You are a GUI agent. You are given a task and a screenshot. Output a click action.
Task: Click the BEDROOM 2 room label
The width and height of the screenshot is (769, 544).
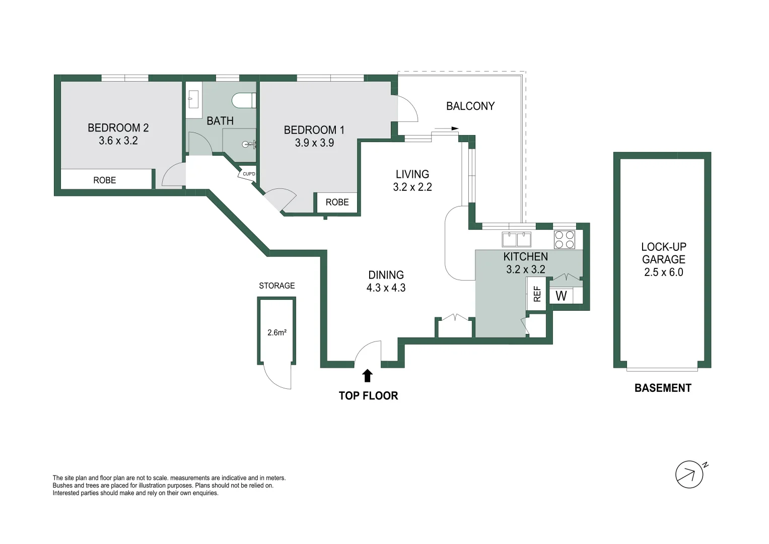click(118, 128)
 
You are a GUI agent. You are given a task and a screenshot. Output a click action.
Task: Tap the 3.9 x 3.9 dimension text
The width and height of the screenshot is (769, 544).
click(314, 143)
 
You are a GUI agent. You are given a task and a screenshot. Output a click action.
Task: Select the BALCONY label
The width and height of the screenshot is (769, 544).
click(470, 106)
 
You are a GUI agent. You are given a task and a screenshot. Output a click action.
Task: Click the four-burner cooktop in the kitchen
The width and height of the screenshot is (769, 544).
click(565, 239)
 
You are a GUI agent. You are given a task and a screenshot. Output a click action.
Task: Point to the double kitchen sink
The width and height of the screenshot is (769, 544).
click(517, 238)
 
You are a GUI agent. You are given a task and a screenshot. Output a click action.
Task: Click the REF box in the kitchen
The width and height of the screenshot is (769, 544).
click(537, 294)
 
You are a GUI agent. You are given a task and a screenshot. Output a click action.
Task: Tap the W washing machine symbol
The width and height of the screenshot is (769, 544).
click(561, 296)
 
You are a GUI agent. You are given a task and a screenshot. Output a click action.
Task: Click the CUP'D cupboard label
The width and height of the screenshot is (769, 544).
click(249, 174)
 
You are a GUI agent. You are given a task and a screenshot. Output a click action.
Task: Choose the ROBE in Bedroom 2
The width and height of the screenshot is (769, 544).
click(105, 180)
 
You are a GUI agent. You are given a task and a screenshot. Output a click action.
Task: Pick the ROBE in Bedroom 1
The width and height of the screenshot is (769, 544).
click(337, 202)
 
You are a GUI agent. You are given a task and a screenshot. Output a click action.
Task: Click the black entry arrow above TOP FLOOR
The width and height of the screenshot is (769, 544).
click(368, 375)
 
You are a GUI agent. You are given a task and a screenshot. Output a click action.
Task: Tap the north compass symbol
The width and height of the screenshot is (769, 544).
click(689, 474)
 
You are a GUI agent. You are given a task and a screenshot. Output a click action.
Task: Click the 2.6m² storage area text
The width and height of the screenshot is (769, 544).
click(277, 332)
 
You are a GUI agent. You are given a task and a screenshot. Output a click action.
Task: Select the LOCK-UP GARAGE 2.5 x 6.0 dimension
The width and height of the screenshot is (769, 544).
click(663, 273)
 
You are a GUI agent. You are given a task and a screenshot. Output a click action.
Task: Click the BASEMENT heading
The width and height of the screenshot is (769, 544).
click(663, 388)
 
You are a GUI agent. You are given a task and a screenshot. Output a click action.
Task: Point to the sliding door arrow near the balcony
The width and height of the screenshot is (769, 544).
click(446, 128)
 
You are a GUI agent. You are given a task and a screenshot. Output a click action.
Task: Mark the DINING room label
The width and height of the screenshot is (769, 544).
click(386, 275)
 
